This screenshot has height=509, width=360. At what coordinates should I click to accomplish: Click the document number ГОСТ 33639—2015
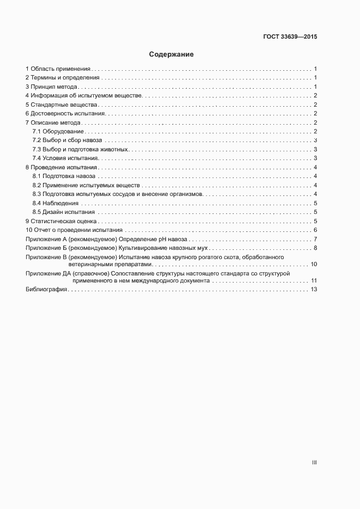[290, 37]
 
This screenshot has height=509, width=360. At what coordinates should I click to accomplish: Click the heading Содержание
[171, 54]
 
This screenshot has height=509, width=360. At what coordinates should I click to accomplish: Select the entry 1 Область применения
[58, 69]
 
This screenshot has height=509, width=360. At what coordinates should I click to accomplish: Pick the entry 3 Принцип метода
[52, 87]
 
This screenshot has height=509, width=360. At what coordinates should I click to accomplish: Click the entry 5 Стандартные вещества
[61, 105]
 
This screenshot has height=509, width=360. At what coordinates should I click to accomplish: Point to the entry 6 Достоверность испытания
[65, 114]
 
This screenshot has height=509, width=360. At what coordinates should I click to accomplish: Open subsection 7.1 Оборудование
[58, 132]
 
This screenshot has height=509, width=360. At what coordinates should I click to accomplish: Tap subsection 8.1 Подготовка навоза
[64, 176]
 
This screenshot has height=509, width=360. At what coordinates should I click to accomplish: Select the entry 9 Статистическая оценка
[61, 221]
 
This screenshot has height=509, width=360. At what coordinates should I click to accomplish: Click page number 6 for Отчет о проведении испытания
[315, 230]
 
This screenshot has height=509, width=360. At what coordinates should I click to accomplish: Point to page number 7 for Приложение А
[315, 240]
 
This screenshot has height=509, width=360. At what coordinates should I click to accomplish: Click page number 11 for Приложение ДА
[314, 280]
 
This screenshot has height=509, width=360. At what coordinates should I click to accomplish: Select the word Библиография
[46, 290]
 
